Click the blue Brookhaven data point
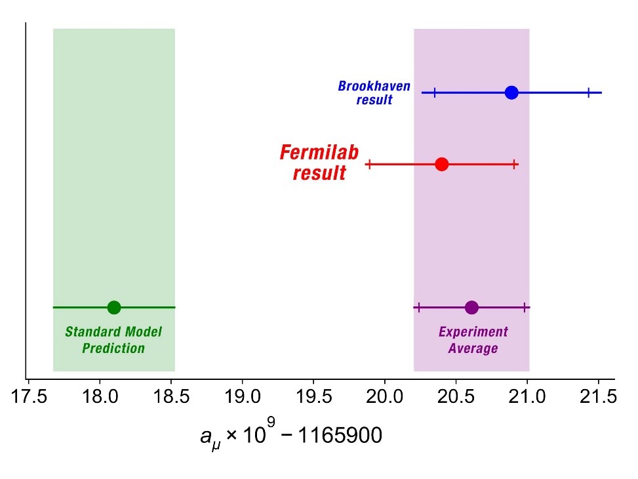(x=511, y=93)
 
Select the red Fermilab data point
(x=441, y=164)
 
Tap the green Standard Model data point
(x=114, y=307)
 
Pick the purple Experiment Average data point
(x=471, y=307)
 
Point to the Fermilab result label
(x=319, y=163)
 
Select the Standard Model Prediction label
(x=113, y=340)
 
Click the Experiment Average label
(x=473, y=340)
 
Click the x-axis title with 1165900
(x=290, y=435)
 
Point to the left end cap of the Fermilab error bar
(x=370, y=164)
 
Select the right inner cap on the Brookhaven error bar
(x=589, y=93)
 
